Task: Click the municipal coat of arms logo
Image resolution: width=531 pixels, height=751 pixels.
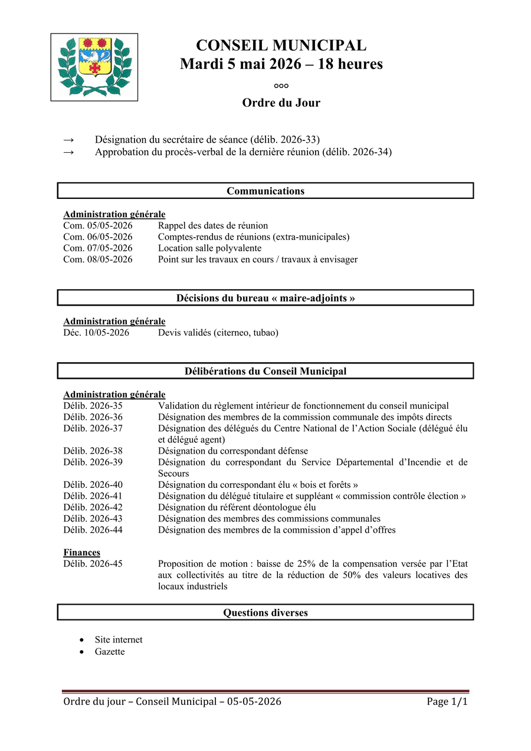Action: coord(94,67)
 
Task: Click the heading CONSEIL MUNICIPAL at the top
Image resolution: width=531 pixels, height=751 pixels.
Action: coord(281,45)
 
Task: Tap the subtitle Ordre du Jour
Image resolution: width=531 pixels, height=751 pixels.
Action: coord(281,103)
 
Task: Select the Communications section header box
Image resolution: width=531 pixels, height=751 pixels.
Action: coord(265,191)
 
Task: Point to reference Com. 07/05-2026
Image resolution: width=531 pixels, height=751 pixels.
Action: coord(98,248)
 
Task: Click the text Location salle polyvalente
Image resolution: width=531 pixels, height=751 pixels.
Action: coord(209,248)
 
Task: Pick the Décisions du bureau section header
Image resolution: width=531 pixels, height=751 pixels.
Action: coord(265,298)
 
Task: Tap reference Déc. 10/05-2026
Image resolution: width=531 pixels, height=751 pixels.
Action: coord(96,333)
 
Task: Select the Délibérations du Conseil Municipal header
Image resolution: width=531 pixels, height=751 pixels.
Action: coord(265,371)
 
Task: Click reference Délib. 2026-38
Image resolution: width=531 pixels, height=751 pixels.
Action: coord(93,451)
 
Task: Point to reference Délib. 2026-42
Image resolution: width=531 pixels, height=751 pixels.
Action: coord(93,507)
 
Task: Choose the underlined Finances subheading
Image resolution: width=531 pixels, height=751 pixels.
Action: coord(82,553)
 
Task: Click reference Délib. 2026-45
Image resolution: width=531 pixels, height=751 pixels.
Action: coord(93,564)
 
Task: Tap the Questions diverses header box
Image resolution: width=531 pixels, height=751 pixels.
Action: coord(265,612)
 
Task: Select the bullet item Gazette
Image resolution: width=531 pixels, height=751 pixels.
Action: coord(110,652)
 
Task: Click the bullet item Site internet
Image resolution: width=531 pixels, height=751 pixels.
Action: coord(119,640)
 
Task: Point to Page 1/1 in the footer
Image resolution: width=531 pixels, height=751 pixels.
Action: coord(447,701)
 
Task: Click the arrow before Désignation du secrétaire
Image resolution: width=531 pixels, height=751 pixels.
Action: coord(68,140)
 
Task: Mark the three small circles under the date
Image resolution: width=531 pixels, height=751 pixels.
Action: coord(281,86)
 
